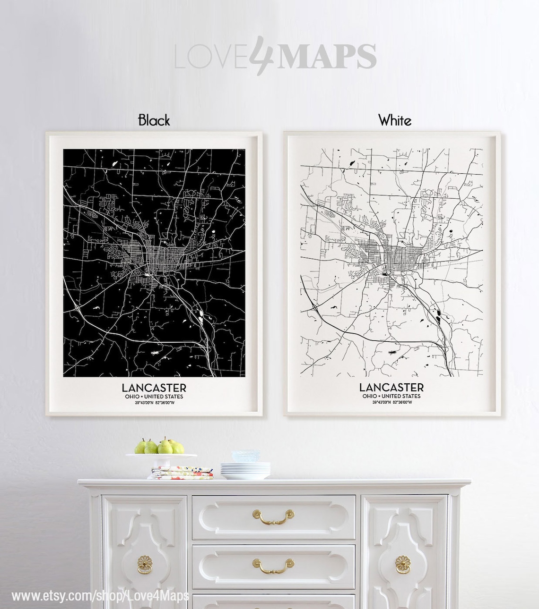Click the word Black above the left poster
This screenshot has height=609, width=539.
(154, 120)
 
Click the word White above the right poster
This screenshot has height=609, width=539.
(395, 120)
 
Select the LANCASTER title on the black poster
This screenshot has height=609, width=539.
(154, 388)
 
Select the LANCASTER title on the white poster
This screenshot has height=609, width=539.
(391, 388)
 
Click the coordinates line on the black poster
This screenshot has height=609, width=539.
(154, 403)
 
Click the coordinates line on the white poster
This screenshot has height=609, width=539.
(391, 403)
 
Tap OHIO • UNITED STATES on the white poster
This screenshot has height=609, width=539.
(391, 396)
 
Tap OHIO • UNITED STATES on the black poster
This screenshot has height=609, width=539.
(154, 396)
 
